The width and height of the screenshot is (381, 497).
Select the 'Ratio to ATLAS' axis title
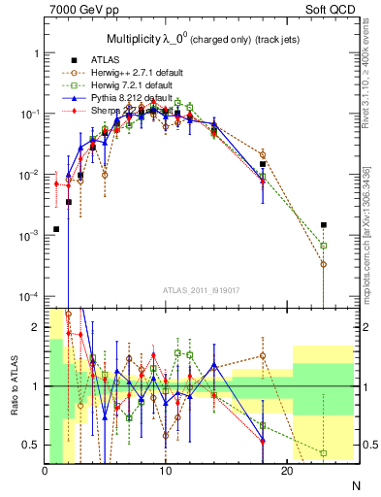click(x=13, y=385)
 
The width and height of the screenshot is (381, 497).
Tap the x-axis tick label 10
click(x=166, y=472)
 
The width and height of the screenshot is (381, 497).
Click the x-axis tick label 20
click(x=287, y=472)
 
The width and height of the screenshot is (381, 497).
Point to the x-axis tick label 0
click(x=46, y=472)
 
